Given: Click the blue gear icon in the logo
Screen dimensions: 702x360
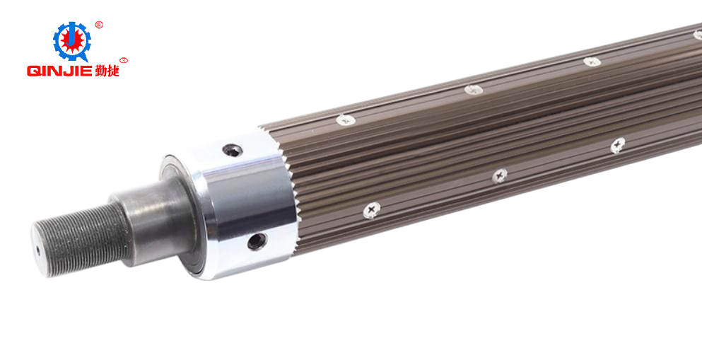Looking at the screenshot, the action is tap(71, 41).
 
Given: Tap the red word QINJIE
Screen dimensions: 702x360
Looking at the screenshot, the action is tap(59, 71).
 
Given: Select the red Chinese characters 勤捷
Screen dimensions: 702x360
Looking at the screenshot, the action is tap(107, 70).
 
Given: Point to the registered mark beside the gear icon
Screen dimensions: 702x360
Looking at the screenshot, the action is tap(99, 25).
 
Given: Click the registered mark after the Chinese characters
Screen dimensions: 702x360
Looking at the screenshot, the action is tap(124, 60).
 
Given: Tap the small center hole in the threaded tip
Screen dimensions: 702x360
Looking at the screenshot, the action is tap(37, 250).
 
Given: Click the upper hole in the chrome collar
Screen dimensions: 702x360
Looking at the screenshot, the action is tap(233, 151).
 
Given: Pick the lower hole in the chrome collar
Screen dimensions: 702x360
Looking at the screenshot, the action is tap(257, 241).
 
